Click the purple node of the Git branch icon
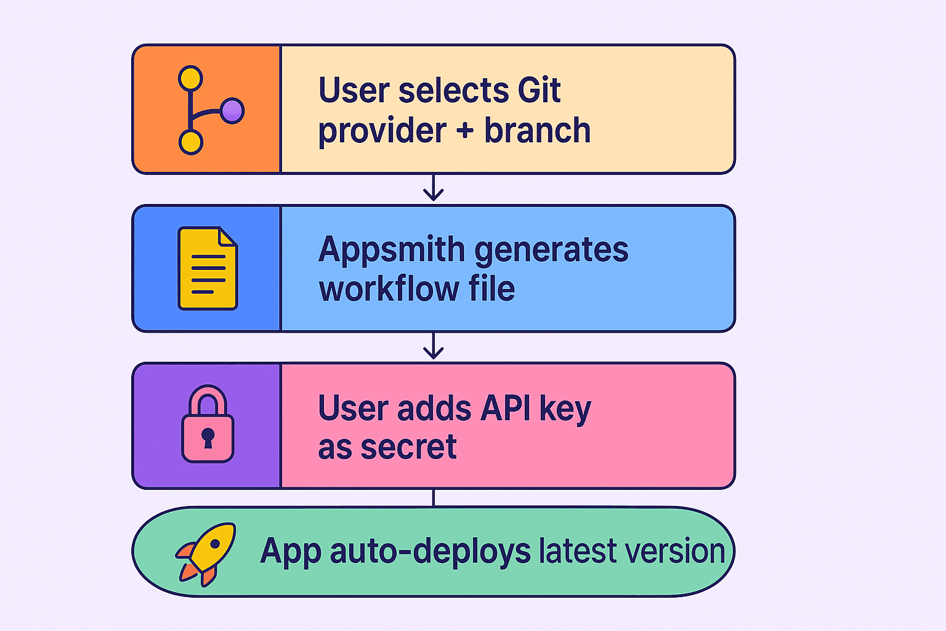232,111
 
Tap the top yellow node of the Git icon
190,78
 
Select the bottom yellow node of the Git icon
191,142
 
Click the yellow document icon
208,269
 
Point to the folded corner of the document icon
228,236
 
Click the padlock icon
208,423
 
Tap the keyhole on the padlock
208,438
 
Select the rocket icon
206,554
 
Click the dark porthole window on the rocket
215,543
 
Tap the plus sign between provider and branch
465,130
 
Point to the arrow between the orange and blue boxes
434,187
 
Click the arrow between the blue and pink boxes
434,346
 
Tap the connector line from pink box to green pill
434,498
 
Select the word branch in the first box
537,130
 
